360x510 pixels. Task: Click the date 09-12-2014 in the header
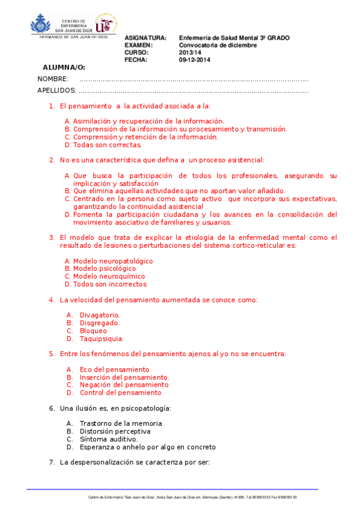tap(194, 60)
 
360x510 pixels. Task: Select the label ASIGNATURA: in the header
tap(145, 38)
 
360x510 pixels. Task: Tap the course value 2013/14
tap(189, 52)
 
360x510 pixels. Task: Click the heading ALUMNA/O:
tap(64, 67)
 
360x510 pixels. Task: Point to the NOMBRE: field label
tap(53, 79)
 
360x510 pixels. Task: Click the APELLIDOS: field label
tap(56, 90)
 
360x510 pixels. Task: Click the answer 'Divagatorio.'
tap(100, 315)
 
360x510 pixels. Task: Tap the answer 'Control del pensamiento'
tap(120, 393)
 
